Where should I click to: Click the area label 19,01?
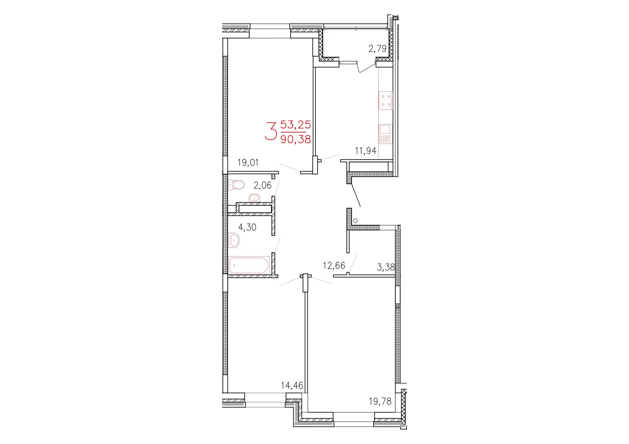(x=248, y=163)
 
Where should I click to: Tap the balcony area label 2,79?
(x=377, y=49)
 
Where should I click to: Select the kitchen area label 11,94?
(x=366, y=151)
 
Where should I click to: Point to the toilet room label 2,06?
(x=262, y=185)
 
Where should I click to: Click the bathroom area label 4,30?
(x=247, y=227)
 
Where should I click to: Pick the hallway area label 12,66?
(x=334, y=266)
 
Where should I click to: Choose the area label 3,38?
(x=386, y=267)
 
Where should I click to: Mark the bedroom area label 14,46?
(x=292, y=386)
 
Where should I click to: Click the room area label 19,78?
(x=380, y=402)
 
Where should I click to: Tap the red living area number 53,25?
(x=296, y=124)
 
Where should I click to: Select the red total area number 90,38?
(x=296, y=139)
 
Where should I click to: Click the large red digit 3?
(x=271, y=131)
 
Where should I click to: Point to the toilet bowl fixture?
(x=236, y=185)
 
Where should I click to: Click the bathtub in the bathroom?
(x=249, y=265)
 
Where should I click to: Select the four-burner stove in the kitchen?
(x=385, y=101)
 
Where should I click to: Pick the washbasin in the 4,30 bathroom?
(x=234, y=240)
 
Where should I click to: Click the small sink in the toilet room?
(x=254, y=198)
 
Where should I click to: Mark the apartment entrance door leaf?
(x=355, y=195)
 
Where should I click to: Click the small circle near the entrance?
(x=355, y=221)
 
